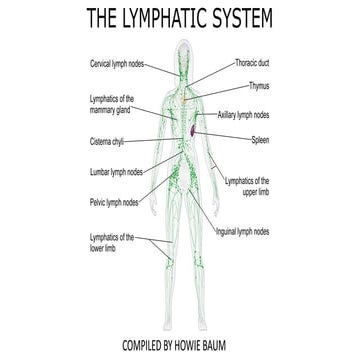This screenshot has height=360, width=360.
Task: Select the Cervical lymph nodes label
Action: pos(117,63)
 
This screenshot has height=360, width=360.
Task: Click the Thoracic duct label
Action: pos(252,62)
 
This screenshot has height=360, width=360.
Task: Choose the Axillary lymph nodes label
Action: pos(251,115)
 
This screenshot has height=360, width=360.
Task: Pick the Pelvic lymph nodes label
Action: pos(113,202)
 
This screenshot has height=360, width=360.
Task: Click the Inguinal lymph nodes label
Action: pos(242,232)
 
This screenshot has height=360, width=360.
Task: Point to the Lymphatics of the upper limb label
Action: pos(250,184)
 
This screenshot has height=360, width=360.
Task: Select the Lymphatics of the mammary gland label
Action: pos(113,105)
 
